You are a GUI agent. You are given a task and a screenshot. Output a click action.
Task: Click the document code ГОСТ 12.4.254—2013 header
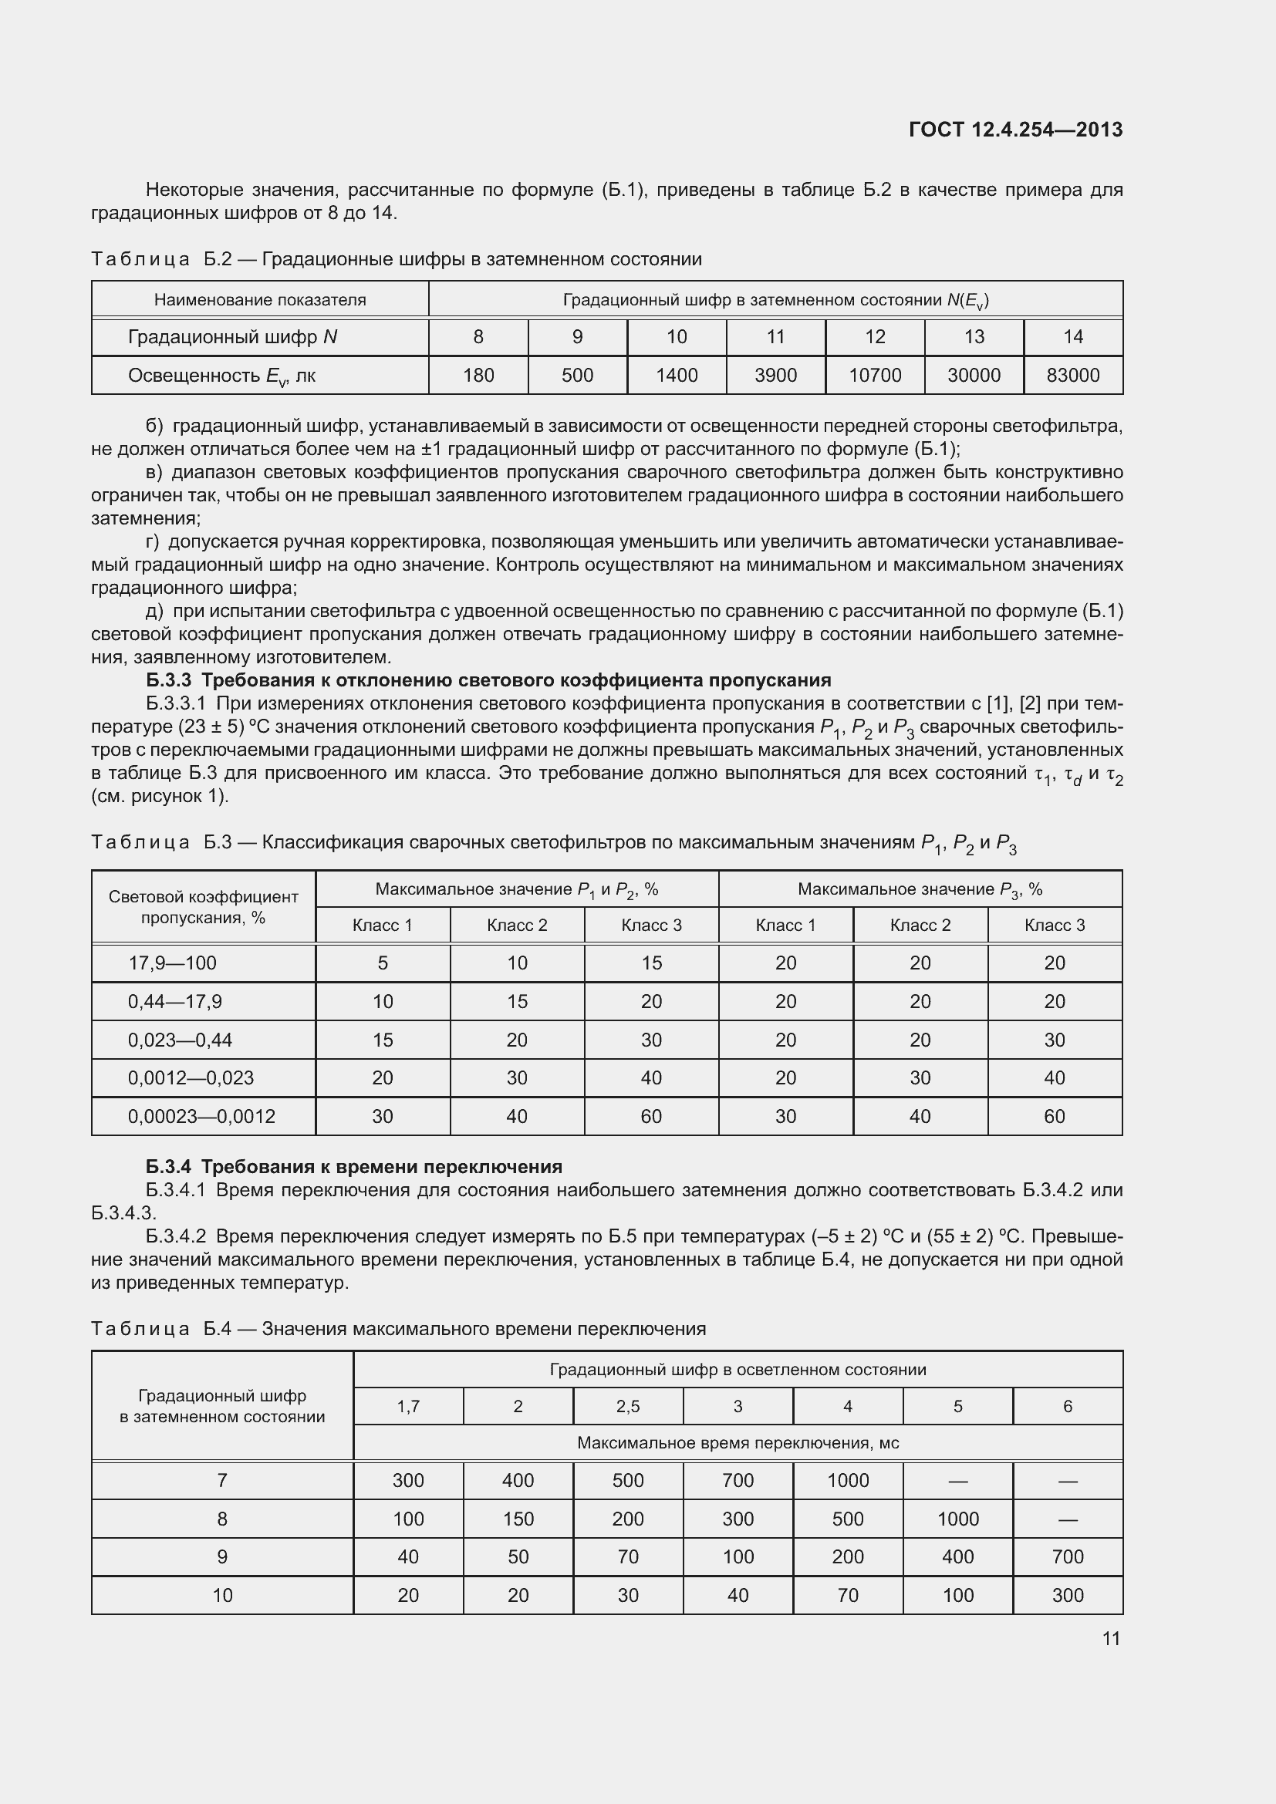pos(1015,130)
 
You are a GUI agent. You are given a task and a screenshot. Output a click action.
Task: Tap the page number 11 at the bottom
pos(1111,1638)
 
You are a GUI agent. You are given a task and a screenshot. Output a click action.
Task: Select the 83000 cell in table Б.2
pos(1072,376)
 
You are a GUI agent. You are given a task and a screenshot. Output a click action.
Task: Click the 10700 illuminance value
pos(875,376)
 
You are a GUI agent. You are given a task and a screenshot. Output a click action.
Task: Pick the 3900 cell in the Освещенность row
pos(775,376)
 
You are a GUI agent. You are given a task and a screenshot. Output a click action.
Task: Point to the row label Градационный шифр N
pos(232,337)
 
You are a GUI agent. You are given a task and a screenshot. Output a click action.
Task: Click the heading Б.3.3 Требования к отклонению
pos(488,679)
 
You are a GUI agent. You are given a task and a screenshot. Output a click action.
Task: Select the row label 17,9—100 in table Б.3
pos(172,963)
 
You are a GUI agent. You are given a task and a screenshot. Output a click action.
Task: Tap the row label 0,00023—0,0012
pos(201,1117)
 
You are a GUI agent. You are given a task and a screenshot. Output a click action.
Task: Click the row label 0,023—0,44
pos(180,1040)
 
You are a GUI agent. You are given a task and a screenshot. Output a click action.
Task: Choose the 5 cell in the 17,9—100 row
pos(383,963)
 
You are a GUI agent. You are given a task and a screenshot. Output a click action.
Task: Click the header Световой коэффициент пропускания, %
pos(204,907)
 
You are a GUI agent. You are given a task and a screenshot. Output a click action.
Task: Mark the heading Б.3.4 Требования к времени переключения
pos(353,1167)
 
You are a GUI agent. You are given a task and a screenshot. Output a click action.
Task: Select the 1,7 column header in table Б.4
pos(408,1407)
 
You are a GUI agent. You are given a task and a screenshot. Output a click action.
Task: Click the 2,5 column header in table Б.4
pos(628,1407)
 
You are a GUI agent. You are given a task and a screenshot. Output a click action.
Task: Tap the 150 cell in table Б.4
pos(518,1519)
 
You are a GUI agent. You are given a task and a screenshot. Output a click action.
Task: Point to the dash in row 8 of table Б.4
pos(1067,1519)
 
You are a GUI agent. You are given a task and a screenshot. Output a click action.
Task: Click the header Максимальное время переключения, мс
pos(738,1442)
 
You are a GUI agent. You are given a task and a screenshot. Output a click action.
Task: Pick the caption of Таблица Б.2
pos(396,259)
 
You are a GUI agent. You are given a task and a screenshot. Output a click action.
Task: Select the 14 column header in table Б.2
pos(1072,337)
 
